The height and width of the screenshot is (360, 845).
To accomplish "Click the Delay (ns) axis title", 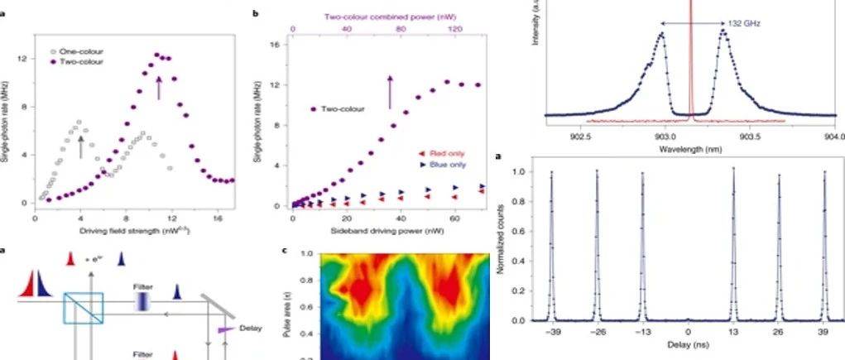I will pyautogui.click(x=689, y=350).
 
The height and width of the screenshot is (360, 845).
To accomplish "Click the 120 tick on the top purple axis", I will pyautogui.click(x=453, y=29).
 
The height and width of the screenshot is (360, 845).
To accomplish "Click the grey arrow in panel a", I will pyautogui.click(x=80, y=146).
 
